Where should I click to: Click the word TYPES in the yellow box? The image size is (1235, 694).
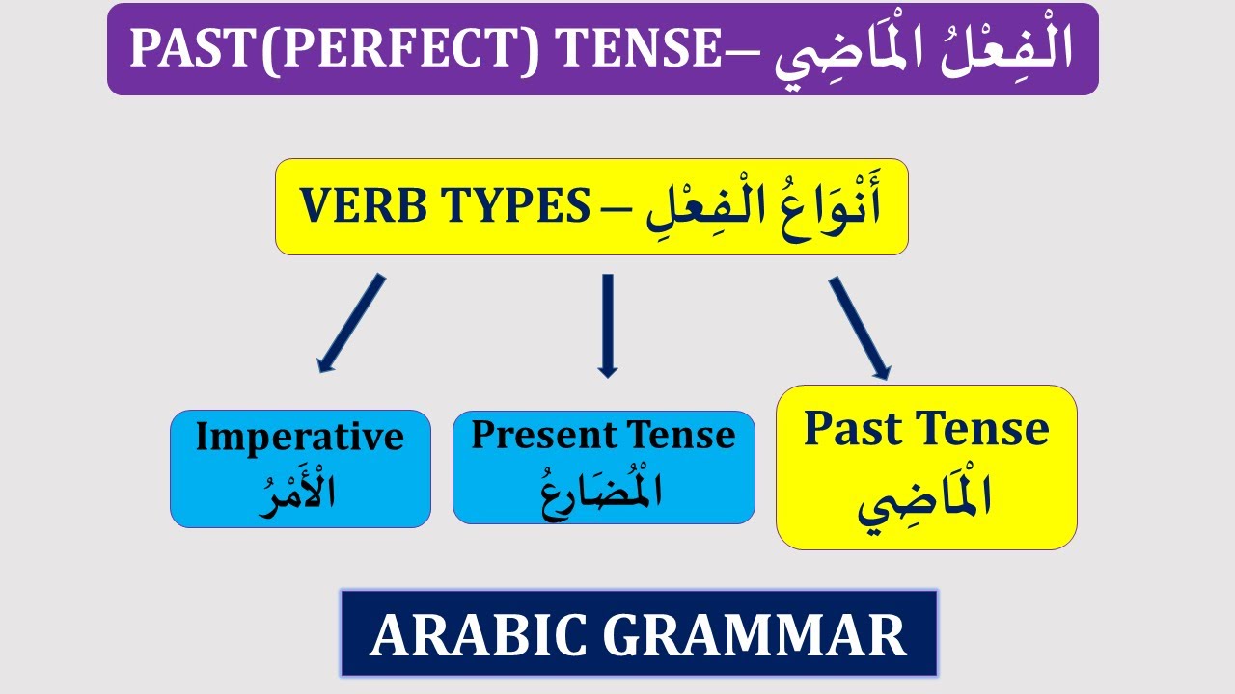pos(517,206)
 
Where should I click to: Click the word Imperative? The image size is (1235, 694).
pos(299,437)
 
